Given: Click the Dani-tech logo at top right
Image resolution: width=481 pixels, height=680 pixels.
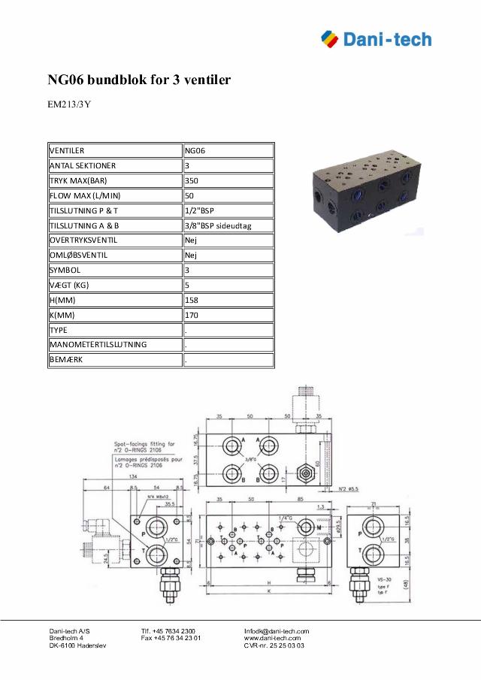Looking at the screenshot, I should tap(376, 38).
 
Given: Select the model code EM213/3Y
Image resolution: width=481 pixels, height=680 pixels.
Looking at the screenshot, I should tap(69, 104).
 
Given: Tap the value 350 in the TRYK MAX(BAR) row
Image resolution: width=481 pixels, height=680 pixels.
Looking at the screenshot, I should tap(192, 180).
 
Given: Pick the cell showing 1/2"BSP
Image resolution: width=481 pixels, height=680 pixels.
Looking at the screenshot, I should tap(199, 210).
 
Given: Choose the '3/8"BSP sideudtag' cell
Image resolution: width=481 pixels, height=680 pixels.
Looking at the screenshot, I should tap(218, 225).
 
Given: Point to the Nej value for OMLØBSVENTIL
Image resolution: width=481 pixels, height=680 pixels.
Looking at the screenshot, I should tap(192, 255).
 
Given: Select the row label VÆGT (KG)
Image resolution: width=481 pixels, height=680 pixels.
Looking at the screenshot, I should tap(69, 286).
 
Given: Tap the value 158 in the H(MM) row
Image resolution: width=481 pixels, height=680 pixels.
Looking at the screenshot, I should tap(192, 301).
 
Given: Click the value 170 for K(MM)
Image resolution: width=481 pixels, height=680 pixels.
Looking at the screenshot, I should tap(192, 316).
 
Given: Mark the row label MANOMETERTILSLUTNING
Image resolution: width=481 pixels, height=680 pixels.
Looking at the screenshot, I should tap(98, 345).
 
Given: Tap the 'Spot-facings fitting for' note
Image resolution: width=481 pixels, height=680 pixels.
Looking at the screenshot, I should tap(138, 444).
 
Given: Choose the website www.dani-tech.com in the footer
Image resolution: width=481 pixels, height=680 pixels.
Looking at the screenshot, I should tap(272, 638).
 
